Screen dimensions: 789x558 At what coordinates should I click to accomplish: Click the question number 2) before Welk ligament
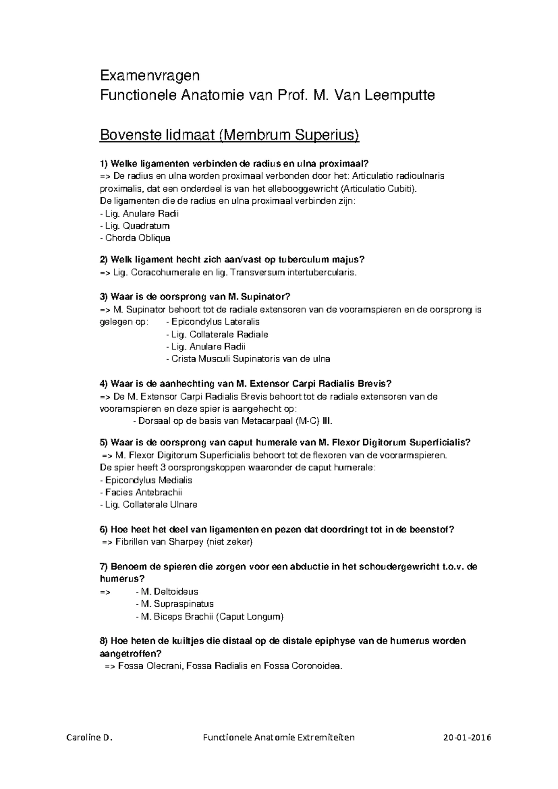pos(104,260)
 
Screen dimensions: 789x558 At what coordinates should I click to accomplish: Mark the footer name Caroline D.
pos(90,737)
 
